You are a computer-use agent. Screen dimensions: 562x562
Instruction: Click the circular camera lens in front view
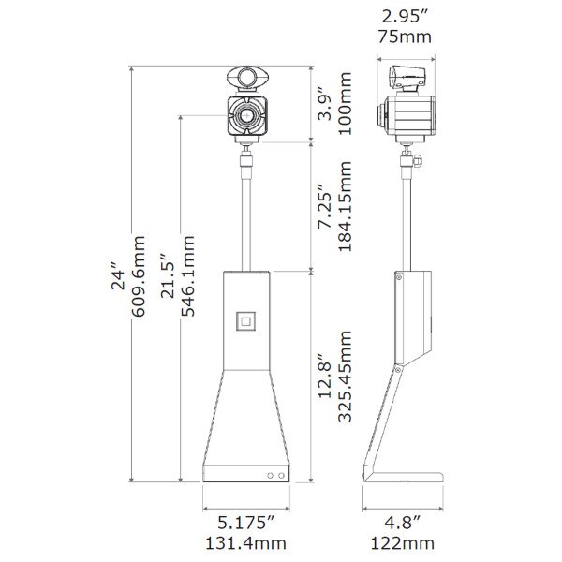tap(247, 116)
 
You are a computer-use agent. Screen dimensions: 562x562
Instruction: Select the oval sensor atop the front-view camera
tap(248, 79)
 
